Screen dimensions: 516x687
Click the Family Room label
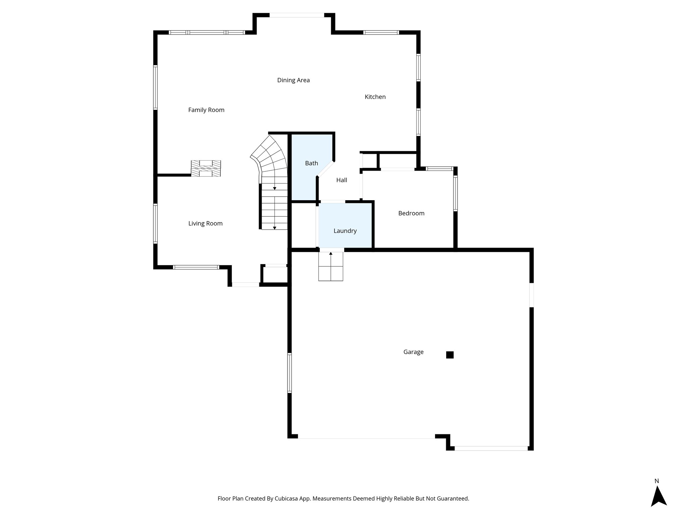click(x=206, y=110)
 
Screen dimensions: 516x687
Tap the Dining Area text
click(x=293, y=80)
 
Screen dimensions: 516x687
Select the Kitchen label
click(x=375, y=97)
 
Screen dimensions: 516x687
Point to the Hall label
click(x=341, y=180)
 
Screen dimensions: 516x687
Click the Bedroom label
click(x=411, y=213)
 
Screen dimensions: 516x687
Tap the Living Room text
click(x=205, y=223)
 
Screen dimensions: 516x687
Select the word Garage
click(x=413, y=352)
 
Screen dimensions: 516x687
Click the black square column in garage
click(x=450, y=355)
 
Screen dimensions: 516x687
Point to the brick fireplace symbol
click(x=206, y=168)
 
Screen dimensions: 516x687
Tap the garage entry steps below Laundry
click(x=331, y=266)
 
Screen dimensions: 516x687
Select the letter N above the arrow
click(x=656, y=481)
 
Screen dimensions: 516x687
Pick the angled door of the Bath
click(x=325, y=169)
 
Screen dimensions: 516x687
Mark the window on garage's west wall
click(x=289, y=373)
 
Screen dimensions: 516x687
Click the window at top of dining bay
click(x=297, y=15)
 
